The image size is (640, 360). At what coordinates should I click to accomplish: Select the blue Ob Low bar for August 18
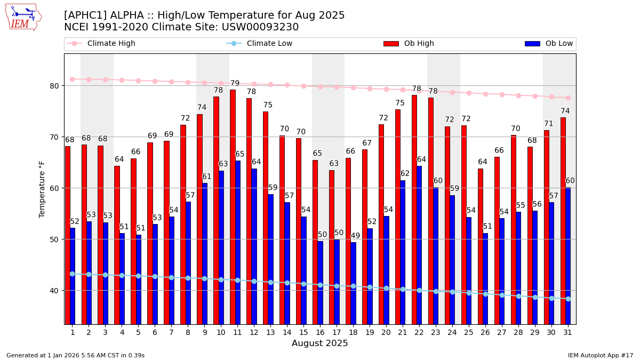353,283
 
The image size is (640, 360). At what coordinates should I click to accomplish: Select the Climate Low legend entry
260,44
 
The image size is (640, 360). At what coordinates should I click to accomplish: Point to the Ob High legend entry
409,44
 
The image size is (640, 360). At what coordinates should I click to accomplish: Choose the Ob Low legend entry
549,44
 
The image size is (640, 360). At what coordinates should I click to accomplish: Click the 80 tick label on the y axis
54,86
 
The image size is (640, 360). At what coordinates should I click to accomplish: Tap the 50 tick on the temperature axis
54,239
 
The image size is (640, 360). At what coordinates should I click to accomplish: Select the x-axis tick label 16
320,332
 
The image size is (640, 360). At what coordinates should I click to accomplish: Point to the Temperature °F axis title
42,189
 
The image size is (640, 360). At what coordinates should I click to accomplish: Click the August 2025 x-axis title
319,343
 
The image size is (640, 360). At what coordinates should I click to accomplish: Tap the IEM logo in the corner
23,17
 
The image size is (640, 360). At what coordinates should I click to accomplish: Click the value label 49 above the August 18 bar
355,236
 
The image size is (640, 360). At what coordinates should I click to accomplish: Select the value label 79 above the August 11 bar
235,84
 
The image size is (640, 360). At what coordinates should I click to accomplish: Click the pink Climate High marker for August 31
568,98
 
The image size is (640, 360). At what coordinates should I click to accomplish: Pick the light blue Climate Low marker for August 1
72,274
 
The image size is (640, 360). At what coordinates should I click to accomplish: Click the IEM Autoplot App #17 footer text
601,355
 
